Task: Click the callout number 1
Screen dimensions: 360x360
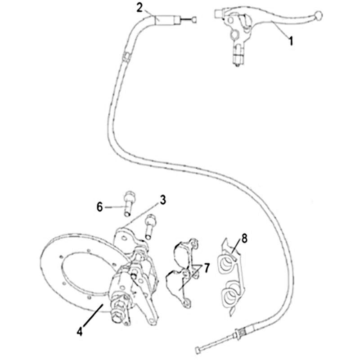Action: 291,41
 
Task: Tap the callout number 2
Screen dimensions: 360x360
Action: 139,8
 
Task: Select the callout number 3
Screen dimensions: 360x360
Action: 162,200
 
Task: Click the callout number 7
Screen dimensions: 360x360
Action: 207,268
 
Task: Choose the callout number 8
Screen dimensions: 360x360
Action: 244,238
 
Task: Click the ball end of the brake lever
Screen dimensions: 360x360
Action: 319,15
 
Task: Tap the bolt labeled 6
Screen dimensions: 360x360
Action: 128,203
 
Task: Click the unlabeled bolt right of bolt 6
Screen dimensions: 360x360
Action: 150,226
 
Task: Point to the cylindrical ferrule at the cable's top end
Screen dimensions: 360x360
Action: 167,19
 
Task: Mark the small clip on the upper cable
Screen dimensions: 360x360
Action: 126,57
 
